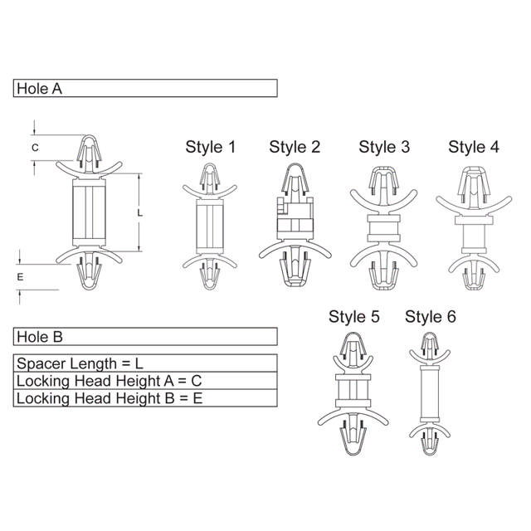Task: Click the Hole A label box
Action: pos(145,89)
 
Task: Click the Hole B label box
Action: pos(145,337)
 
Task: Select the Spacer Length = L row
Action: pos(145,363)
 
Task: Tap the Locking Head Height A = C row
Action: pos(145,381)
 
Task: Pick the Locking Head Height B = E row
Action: pos(145,398)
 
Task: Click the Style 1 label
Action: pos(210,148)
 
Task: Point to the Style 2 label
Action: pos(295,148)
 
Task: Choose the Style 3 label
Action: pos(384,148)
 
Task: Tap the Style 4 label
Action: pos(474,148)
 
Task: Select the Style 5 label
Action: pos(354,317)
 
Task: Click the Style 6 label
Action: pos(430,317)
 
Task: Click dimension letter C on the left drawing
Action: pos(35,148)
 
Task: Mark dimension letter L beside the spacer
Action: pos(139,213)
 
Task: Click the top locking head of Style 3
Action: pos(384,184)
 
